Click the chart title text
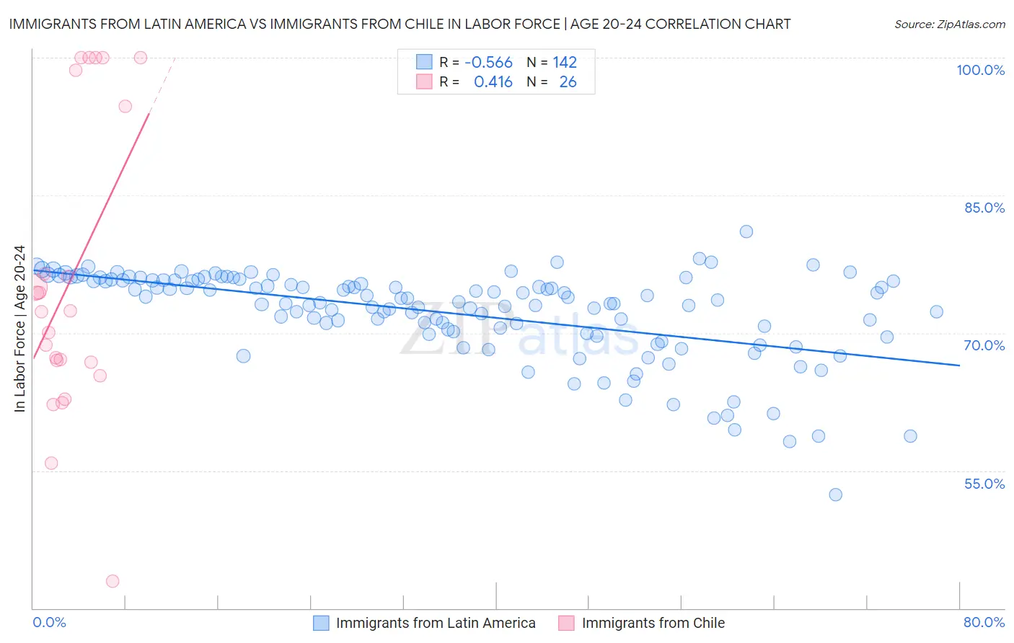tap(400, 25)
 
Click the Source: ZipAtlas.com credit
tap(949, 25)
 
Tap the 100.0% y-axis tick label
tap(980, 70)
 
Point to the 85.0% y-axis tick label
tap(984, 208)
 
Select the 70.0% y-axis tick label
tap(984, 345)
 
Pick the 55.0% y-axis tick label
tap(984, 484)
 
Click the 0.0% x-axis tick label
tap(49, 622)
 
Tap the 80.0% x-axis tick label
tap(984, 622)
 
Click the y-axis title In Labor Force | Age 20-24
tap(19, 329)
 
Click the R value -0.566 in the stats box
tap(488, 63)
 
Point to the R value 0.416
tap(493, 82)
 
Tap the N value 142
tap(565, 63)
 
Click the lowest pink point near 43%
tap(113, 581)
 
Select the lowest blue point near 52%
tap(835, 495)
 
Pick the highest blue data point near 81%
tap(746, 231)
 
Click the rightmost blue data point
tap(936, 312)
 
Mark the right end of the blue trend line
tap(959, 365)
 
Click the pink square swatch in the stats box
tap(424, 82)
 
